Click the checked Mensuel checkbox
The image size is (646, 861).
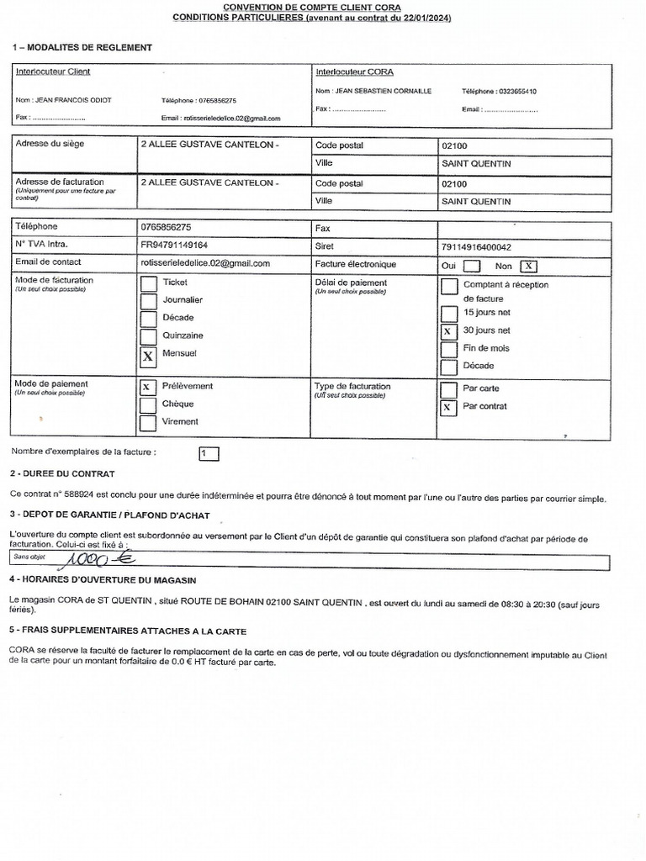tap(148, 356)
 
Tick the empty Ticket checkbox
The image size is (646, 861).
tap(148, 283)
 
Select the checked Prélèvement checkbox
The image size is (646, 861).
tap(148, 388)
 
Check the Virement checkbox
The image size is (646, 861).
tap(148, 423)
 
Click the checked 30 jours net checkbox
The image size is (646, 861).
tap(448, 331)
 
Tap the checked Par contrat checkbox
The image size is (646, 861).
tap(448, 408)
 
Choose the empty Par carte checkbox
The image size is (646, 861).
tap(448, 389)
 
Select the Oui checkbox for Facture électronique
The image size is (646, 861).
tap(472, 266)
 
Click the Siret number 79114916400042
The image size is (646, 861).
tap(475, 246)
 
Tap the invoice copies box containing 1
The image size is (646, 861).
tap(209, 454)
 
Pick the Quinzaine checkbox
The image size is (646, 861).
tap(148, 336)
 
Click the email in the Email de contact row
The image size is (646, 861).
tap(205, 264)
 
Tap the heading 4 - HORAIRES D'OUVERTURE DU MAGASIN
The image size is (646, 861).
tap(104, 578)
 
